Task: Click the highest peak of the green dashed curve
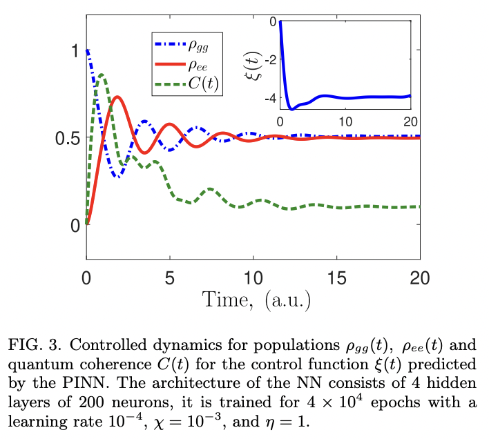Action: click(101, 75)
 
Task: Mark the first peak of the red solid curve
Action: click(118, 97)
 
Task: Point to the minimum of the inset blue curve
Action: click(292, 109)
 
